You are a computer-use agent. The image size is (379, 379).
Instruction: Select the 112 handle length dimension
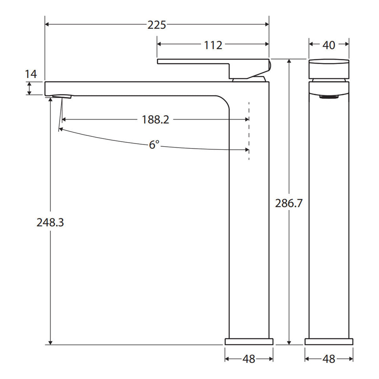point(213,45)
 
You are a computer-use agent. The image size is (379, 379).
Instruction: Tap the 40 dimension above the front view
point(329,45)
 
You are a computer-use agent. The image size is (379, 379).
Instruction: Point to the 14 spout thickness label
point(31,74)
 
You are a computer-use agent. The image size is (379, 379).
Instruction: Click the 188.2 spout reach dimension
point(155,120)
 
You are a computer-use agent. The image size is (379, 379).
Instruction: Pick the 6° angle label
point(154,145)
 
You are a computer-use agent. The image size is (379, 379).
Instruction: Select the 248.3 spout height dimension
point(50,222)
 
